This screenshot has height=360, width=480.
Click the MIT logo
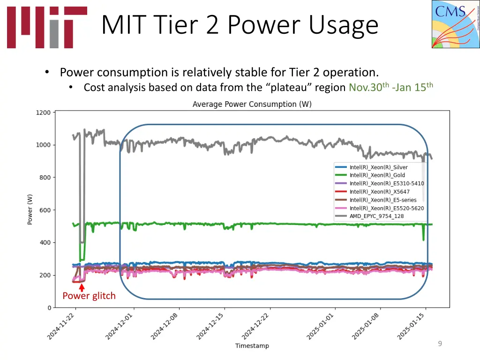47,27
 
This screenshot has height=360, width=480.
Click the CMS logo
455,24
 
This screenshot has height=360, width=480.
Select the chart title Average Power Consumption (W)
252,104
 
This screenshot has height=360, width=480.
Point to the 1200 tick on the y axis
43,112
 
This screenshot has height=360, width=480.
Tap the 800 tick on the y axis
45,178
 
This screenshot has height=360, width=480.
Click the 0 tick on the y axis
49,308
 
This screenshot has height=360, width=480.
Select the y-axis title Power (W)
30,210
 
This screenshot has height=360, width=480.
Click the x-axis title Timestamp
252,346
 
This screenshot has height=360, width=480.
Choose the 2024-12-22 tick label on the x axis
256,327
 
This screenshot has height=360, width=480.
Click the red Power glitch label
89,296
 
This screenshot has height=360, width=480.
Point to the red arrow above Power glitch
82,287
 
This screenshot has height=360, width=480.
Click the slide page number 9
440,344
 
